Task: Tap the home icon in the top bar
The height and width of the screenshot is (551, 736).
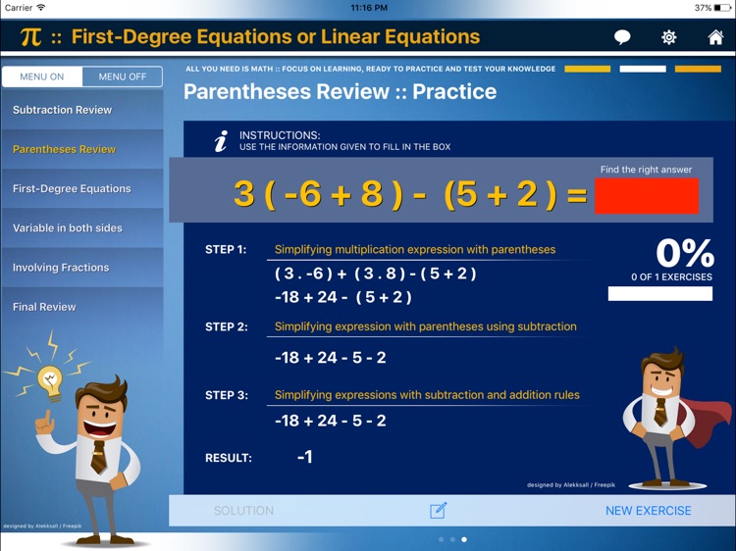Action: pos(715,38)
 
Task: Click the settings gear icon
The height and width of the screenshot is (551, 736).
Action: pos(668,38)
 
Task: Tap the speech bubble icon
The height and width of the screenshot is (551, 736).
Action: pos(622,38)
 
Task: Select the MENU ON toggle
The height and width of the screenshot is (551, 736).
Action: pos(42,76)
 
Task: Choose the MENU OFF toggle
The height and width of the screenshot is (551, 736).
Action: pos(123,76)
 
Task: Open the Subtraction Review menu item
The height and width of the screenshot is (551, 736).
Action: pos(63,110)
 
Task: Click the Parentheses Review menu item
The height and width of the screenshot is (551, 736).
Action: pos(65,149)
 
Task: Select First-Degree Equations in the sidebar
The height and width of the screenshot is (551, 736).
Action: pos(72,188)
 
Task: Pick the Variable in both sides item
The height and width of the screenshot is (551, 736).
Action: pos(68,228)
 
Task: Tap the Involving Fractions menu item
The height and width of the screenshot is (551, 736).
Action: pos(61,268)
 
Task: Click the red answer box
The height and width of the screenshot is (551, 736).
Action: pos(646,196)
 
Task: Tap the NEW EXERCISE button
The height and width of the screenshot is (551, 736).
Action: pos(648,511)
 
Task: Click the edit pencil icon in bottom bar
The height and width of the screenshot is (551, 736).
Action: pos(438,511)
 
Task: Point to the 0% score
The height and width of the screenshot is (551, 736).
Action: pos(684,254)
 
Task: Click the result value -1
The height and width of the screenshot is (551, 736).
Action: pos(304,457)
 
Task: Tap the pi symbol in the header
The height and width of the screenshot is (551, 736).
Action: pos(30,38)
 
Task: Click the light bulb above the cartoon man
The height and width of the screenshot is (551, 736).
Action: pos(48,377)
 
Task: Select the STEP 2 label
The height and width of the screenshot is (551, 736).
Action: pos(226,327)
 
